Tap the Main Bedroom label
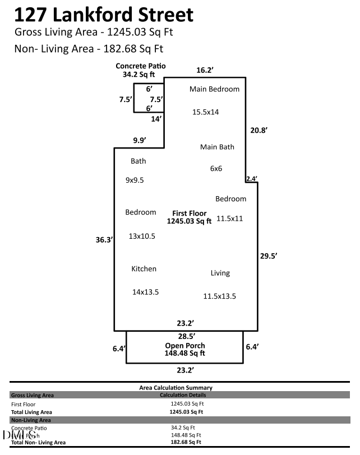(214, 89)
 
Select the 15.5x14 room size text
(205, 112)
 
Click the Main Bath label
(217, 147)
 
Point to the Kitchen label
(144, 269)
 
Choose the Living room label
(220, 273)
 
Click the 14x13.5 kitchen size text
(145, 292)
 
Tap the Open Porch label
(184, 346)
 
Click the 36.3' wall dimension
(105, 240)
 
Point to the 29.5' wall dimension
(269, 256)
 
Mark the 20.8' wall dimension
(259, 130)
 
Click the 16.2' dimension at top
(205, 71)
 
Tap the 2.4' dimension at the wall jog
(251, 179)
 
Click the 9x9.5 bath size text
(135, 180)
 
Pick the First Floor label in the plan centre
(189, 213)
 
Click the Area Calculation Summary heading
(176, 388)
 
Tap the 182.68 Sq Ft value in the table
(186, 442)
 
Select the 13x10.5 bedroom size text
(142, 236)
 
